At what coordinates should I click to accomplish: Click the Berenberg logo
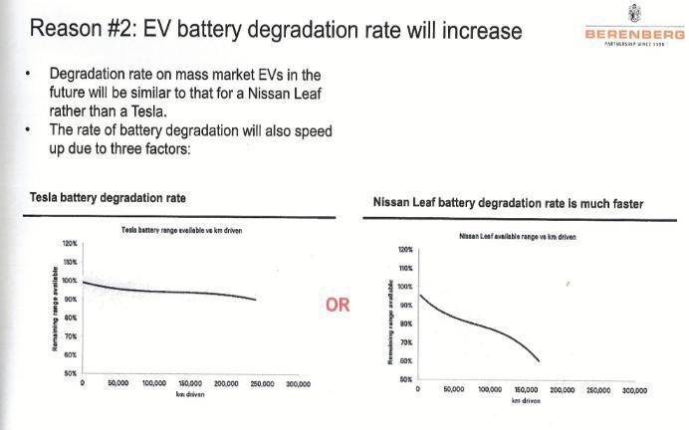coord(634,30)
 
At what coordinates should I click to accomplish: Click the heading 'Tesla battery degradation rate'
coord(109,197)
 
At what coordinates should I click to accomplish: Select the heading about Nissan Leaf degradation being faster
coord(508,203)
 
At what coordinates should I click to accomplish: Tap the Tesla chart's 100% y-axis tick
coord(71,280)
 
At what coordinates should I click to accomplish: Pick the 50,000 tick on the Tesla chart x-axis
coord(118,383)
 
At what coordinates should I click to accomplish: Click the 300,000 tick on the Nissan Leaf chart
coord(633,390)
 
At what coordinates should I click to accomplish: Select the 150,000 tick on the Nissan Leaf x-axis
coord(526,390)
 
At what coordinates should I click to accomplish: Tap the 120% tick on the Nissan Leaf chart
coord(404,250)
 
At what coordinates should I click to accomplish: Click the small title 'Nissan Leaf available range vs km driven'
coord(518,237)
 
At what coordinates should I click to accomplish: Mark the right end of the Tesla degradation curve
coord(256,299)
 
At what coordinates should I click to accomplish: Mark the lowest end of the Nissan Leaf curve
coord(540,360)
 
